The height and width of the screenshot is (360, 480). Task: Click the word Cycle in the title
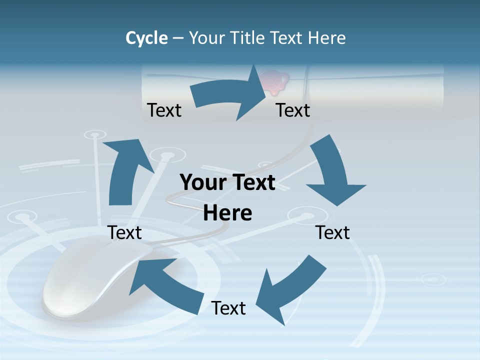tap(146, 38)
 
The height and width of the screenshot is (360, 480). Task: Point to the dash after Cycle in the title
tap(178, 38)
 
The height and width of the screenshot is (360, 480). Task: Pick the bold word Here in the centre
tap(227, 213)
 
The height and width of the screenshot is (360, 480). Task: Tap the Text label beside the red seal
tap(293, 110)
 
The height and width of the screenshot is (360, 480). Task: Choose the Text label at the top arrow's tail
tap(164, 110)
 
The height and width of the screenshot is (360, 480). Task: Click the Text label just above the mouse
tap(125, 232)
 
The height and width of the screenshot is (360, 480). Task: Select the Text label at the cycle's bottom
tap(228, 308)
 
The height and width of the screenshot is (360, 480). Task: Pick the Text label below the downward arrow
tap(333, 232)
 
